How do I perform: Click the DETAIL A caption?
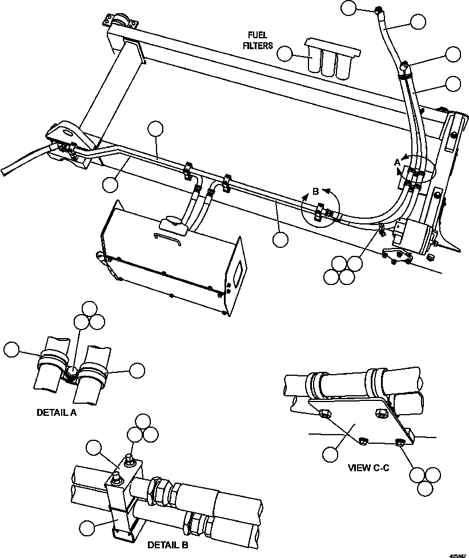(56, 412)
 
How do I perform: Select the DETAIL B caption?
(168, 545)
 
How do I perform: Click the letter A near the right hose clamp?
(397, 162)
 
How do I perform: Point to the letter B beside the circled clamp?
(315, 192)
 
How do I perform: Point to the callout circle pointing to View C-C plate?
(330, 455)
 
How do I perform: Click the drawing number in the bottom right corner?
(457, 554)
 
